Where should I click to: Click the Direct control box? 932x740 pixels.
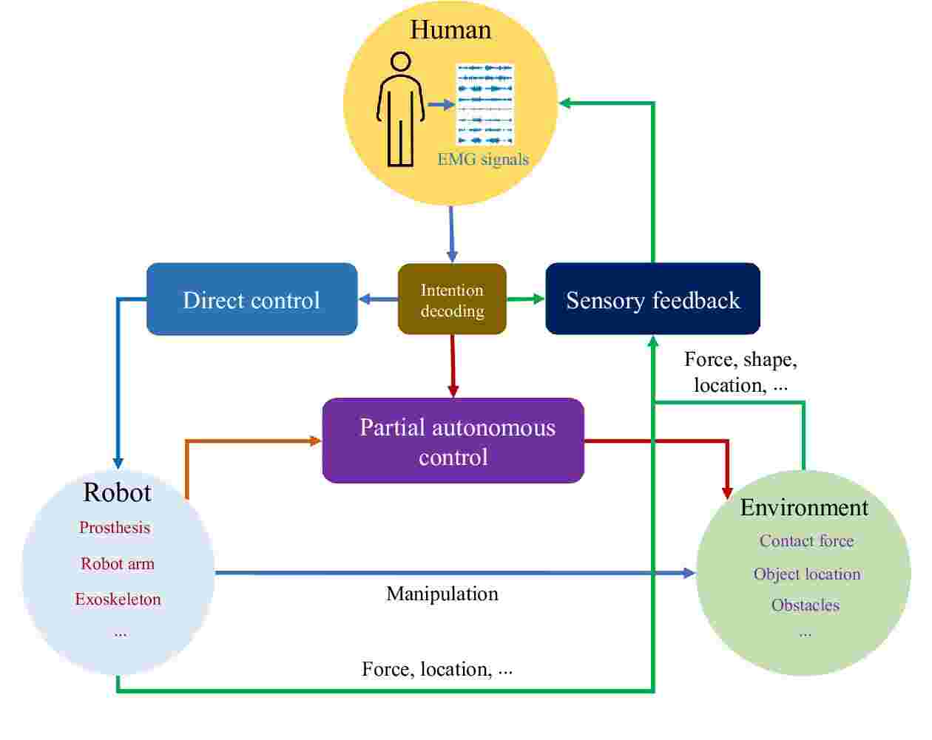click(251, 299)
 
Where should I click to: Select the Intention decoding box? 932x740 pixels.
click(452, 299)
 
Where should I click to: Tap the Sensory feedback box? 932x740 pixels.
click(652, 299)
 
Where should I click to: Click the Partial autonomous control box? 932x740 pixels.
click(453, 441)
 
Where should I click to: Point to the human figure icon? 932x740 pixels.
click(400, 109)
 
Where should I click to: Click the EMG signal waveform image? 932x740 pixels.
click(485, 104)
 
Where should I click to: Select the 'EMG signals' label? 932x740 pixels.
click(483, 159)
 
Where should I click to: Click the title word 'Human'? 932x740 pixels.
click(450, 30)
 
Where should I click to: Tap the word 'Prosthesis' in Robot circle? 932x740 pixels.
click(115, 528)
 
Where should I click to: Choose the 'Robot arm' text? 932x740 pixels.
click(118, 563)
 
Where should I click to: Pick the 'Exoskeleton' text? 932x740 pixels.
click(118, 599)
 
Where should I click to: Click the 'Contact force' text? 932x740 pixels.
click(806, 541)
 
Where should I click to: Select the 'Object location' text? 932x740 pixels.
click(807, 574)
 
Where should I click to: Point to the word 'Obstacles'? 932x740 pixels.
click(805, 605)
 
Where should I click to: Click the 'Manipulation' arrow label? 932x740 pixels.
click(442, 594)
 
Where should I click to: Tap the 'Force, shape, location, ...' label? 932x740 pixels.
click(740, 372)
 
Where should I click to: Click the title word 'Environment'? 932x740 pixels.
click(804, 508)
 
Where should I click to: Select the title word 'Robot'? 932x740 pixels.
click(117, 492)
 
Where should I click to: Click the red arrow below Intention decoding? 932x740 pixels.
click(453, 366)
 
